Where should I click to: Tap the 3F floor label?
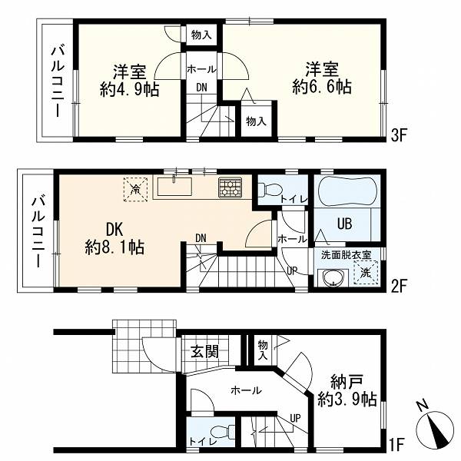tap(399, 135)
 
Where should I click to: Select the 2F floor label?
tap(399, 286)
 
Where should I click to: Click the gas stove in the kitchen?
tap(230, 187)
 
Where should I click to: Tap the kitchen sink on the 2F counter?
tap(174, 186)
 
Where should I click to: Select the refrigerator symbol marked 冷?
tap(135, 190)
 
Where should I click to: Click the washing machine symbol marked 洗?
tap(366, 273)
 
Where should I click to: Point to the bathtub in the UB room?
tap(348, 191)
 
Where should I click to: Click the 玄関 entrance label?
tap(205, 351)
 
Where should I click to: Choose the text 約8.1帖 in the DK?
tap(114, 247)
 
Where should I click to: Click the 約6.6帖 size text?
tap(322, 87)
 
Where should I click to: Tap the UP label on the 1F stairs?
tap(295, 418)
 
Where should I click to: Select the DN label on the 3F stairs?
tap(201, 88)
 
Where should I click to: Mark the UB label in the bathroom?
tap(344, 224)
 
